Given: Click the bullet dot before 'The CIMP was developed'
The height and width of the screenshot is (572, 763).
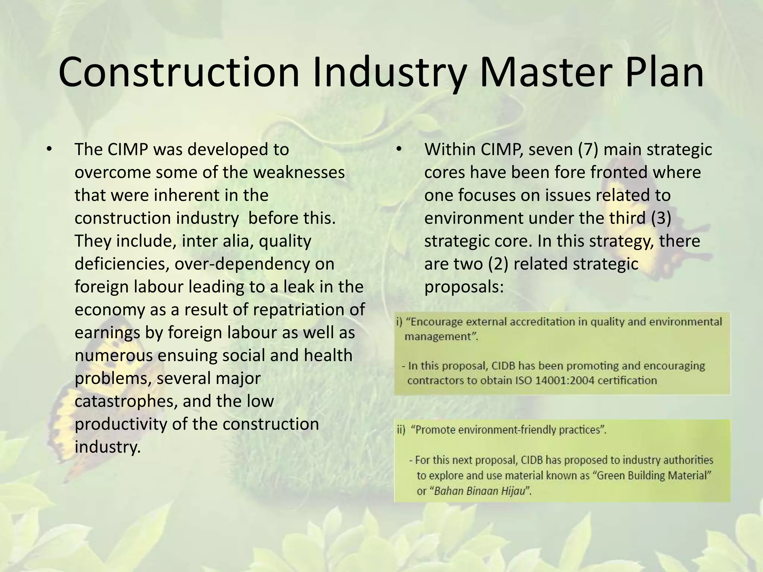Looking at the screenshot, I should [48, 149].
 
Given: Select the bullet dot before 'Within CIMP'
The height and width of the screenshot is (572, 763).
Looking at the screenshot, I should [398, 149].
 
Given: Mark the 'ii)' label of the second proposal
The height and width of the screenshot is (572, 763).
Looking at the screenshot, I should [401, 430].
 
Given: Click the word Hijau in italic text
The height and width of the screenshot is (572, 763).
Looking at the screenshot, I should [514, 491].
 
